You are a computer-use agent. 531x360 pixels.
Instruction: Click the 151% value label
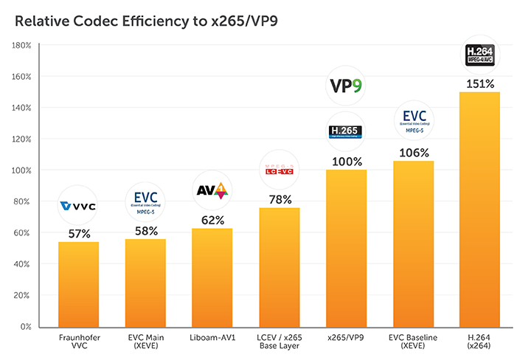tap(479, 83)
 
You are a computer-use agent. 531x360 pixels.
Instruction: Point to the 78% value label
tap(280, 198)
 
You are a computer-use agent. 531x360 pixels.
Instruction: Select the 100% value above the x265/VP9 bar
tap(346, 161)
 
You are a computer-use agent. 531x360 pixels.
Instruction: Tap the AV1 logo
tap(212, 190)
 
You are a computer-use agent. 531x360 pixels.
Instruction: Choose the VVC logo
tap(78, 206)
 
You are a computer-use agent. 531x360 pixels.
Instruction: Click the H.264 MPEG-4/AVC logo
tap(479, 55)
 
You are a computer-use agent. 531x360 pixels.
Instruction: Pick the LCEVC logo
tap(280, 171)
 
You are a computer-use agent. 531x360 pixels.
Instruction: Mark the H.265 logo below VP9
tap(346, 132)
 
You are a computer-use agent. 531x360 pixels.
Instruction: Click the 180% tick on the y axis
tap(21, 46)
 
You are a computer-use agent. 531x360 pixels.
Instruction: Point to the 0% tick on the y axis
tap(24, 326)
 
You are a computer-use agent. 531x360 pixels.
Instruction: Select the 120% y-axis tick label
tap(21, 139)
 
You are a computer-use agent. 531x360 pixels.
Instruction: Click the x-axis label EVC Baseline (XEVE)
tap(413, 341)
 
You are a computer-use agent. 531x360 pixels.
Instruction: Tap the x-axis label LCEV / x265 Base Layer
tap(280, 341)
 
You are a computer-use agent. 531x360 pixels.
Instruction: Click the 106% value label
tap(413, 153)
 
